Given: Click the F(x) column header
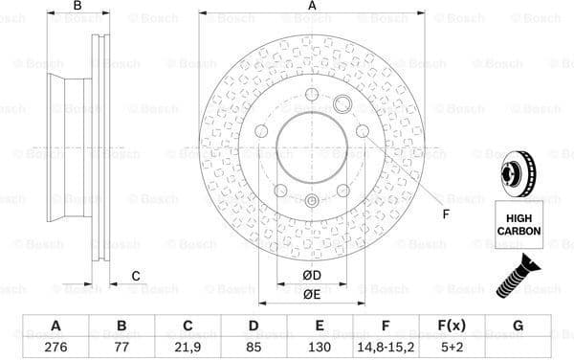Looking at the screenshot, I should (x=452, y=326).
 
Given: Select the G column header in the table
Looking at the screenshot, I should (x=518, y=326).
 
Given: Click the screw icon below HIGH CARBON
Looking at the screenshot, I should (x=518, y=277).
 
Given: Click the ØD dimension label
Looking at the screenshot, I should (x=311, y=277).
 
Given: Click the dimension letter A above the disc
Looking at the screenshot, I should (x=312, y=7).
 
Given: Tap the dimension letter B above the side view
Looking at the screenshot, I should (x=77, y=7).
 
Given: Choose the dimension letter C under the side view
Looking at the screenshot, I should (x=136, y=277).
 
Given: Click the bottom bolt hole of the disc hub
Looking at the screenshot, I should (x=312, y=200).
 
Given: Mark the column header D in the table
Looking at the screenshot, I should (x=254, y=326).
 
